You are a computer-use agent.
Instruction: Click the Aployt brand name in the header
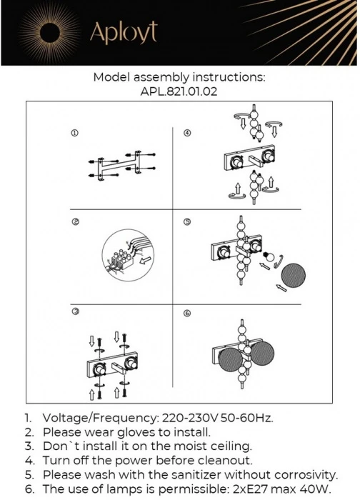pyautogui.click(x=124, y=32)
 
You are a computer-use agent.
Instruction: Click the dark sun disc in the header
pyautogui.click(x=50, y=33)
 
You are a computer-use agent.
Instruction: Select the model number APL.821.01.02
pyautogui.click(x=179, y=92)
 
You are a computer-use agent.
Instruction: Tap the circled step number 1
pyautogui.click(x=74, y=134)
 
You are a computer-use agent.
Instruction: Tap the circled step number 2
pyautogui.click(x=75, y=222)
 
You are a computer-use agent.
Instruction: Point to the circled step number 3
pyautogui.click(x=76, y=311)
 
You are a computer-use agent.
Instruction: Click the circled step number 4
pyautogui.click(x=187, y=133)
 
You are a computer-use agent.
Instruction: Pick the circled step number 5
pyautogui.click(x=187, y=221)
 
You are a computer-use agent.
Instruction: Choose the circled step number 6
pyautogui.click(x=187, y=313)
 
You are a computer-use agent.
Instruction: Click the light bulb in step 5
pyautogui.click(x=268, y=256)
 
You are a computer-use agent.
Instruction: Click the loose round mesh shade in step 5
pyautogui.click(x=293, y=275)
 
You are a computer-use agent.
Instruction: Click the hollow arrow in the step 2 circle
pyautogui.click(x=146, y=260)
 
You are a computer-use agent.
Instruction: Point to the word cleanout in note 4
pyautogui.click(x=225, y=461)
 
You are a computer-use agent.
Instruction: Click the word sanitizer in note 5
pyautogui.click(x=196, y=475)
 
